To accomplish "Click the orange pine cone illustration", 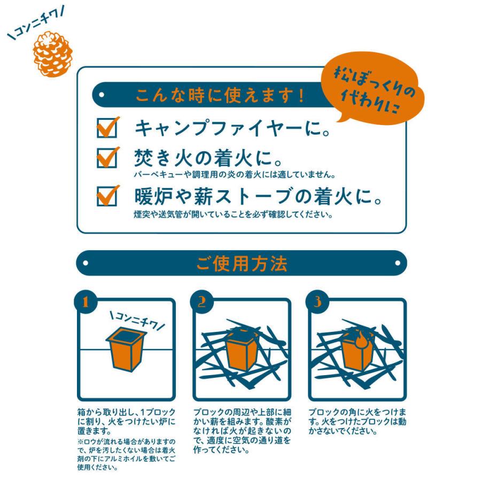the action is coord(53,53).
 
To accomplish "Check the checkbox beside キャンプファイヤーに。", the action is coord(107,128).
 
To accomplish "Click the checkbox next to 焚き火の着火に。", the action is coord(107,158).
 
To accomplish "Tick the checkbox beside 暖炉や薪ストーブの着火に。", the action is coord(107,196).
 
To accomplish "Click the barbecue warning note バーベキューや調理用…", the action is coord(235,175).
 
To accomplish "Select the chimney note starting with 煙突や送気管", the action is coord(234,214).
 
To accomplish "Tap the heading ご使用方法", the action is coord(242,263).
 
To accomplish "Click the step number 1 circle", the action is coord(86,302).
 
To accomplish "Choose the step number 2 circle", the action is coord(201,302).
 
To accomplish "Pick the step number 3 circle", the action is coord(317,302).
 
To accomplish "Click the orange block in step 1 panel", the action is coord(126,349).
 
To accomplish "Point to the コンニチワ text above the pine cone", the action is coord(36,24).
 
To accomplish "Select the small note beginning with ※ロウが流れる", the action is coord(126,455).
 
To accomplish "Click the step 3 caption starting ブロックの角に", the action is coord(358,422).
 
